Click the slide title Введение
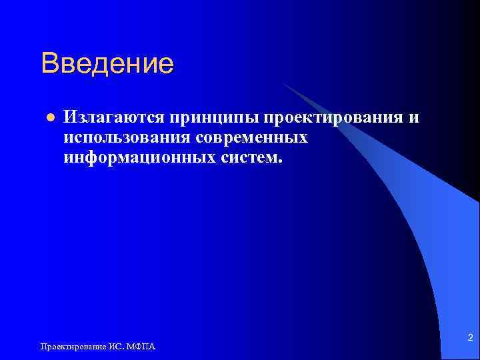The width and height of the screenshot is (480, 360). coord(107,64)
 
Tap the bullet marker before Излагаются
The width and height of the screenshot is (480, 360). coord(49,119)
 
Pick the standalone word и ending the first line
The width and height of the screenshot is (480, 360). coord(414,118)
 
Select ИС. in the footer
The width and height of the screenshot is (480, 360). coord(115,346)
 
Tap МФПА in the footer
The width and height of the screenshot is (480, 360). coord(142,346)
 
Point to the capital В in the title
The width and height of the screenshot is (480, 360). coord(49,64)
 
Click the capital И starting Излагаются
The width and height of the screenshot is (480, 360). coord(70,118)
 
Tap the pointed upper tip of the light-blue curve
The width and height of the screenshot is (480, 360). coord(283,83)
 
